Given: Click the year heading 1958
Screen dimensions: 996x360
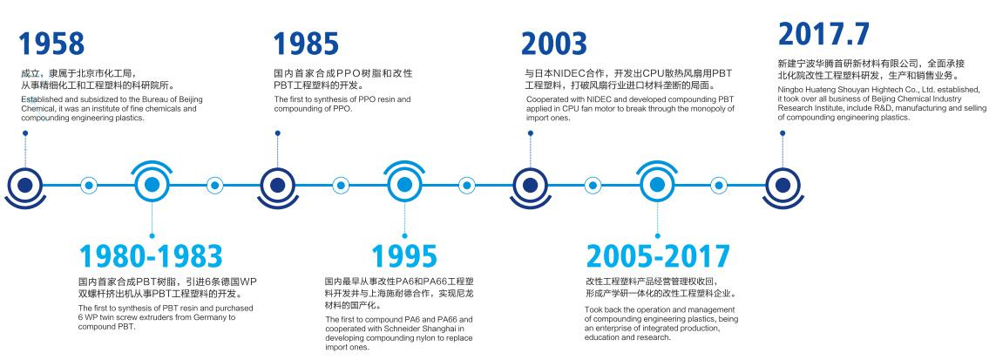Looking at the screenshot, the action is [x=51, y=44].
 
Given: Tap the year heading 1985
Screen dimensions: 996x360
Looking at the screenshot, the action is [x=306, y=44].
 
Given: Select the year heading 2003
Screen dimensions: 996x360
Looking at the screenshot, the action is [x=554, y=44].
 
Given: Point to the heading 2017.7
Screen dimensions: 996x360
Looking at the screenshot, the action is [x=823, y=34].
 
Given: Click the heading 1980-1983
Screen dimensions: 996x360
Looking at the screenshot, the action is [x=151, y=256].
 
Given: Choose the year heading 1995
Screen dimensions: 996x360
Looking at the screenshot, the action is [x=404, y=256].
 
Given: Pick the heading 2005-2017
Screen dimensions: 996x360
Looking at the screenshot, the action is [x=658, y=256].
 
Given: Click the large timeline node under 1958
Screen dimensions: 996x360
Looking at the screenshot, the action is [x=24, y=186].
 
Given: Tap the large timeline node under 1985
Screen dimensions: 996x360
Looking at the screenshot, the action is [x=278, y=186].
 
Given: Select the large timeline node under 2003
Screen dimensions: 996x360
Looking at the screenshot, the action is [x=530, y=186].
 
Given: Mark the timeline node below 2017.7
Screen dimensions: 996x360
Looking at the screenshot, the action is [x=783, y=186].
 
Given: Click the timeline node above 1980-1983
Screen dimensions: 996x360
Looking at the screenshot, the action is [x=151, y=184].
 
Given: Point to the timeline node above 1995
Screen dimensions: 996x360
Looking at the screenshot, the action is [x=404, y=184].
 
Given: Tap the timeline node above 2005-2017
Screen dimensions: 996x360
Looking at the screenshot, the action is [x=657, y=184].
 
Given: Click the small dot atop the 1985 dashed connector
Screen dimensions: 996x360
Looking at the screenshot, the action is [x=278, y=133].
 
